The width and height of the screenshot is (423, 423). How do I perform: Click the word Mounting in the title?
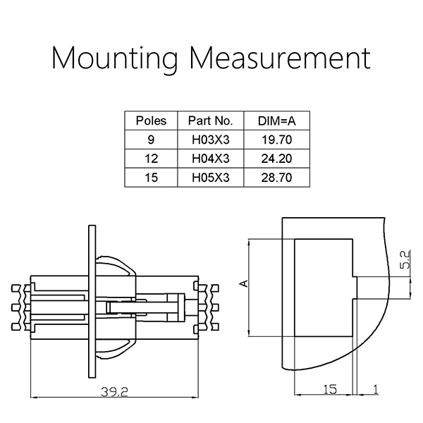114,59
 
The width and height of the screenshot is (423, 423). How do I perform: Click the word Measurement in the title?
281,58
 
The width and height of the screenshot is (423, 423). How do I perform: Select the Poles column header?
151,121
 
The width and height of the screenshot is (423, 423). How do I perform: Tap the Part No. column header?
210,121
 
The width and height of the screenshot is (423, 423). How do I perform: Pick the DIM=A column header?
277,121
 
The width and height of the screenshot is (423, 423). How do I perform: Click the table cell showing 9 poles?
151,140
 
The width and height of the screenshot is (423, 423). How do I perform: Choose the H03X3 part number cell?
210,140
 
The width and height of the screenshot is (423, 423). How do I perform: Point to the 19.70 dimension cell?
277,140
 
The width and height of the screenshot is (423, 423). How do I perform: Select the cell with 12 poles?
151,159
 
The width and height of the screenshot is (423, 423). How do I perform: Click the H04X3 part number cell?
210,159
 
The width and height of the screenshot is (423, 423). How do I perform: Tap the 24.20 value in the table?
277,159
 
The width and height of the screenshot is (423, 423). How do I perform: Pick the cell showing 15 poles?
151,178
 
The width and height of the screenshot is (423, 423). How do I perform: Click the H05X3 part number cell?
210,178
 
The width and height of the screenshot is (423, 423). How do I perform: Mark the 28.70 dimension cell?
277,178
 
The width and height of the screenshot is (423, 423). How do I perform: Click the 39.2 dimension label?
114,392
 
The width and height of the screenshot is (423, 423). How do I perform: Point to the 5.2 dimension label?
405,259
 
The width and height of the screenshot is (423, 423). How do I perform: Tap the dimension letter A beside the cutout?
244,283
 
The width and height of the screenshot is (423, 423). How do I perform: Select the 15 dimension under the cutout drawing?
330,389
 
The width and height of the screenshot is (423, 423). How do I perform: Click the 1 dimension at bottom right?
375,389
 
